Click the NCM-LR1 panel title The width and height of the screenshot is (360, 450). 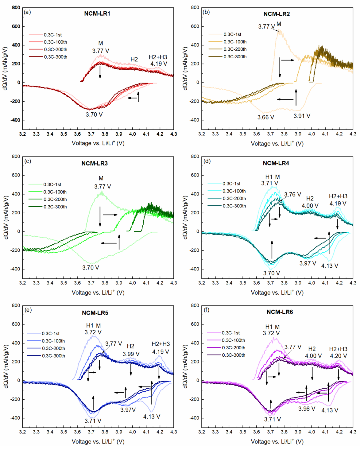pyautogui.click(x=97, y=14)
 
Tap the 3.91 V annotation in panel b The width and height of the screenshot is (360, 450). pyautogui.click(x=302, y=116)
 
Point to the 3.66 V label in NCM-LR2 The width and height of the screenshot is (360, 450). pyautogui.click(x=266, y=117)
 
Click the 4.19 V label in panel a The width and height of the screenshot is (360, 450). pyautogui.click(x=159, y=64)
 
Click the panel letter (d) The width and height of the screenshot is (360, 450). pyautogui.click(x=207, y=161)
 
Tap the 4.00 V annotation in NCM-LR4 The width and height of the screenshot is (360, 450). pyautogui.click(x=310, y=206)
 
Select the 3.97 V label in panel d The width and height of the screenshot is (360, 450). pyautogui.click(x=308, y=263)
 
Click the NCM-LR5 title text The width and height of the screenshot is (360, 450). pyautogui.click(x=95, y=313)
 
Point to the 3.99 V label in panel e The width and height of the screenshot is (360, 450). pyautogui.click(x=131, y=354)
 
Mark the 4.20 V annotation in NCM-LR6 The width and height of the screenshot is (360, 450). pyautogui.click(x=338, y=356)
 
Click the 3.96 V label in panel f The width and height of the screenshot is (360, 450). pyautogui.click(x=307, y=409)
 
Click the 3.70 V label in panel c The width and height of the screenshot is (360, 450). pyautogui.click(x=91, y=268)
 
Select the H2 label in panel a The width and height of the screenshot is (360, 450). pyautogui.click(x=134, y=59)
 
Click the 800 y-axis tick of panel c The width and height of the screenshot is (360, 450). pyautogui.click(x=16, y=156)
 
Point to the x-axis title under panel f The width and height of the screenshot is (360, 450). pyautogui.click(x=277, y=441)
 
